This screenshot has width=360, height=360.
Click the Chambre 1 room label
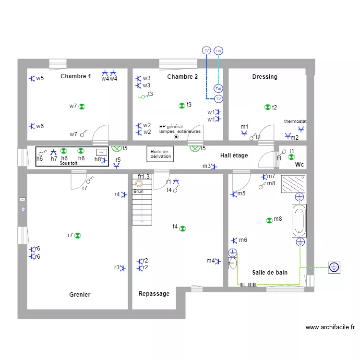click(76, 76)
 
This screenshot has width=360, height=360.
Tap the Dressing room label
click(264, 77)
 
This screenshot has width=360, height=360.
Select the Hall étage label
click(234, 156)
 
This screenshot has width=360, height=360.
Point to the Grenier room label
click(80, 295)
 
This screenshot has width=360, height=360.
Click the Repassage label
click(154, 293)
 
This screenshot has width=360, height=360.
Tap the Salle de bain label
click(270, 273)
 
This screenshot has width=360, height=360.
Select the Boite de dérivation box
click(159, 154)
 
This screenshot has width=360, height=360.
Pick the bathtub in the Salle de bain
click(299, 221)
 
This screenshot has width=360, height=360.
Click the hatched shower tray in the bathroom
click(293, 183)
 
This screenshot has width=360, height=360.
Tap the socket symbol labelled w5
click(32, 78)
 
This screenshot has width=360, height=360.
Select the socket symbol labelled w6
click(32, 126)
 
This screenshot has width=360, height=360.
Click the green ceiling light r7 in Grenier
click(78, 235)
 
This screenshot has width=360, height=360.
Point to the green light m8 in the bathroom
click(269, 220)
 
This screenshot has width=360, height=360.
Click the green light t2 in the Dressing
click(267, 108)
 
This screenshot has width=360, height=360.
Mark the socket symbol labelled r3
click(123, 268)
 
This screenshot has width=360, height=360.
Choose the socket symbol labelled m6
click(234, 240)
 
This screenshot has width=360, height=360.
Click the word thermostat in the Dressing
click(295, 121)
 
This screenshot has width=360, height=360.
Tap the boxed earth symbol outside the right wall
click(335, 267)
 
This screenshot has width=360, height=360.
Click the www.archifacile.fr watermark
click(330, 327)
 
